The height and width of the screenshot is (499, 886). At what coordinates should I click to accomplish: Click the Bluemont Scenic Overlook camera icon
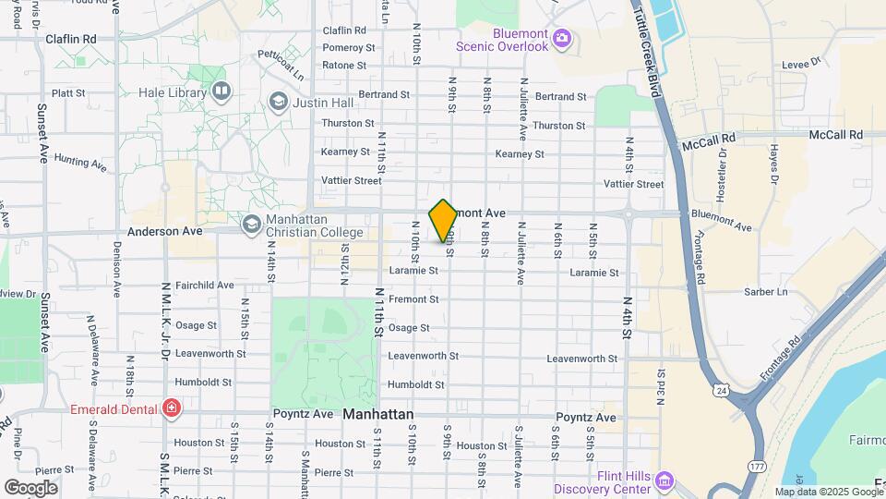pos(563,40)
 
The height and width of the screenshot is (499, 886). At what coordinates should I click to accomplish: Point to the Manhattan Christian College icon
pos(251,224)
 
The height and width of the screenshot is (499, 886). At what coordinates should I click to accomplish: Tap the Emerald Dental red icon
pos(171,408)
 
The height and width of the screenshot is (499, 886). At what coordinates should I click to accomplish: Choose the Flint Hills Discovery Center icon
pos(664,481)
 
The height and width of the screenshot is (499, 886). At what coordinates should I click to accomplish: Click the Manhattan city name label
pos(377,415)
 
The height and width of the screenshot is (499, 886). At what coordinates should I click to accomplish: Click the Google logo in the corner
pos(30,487)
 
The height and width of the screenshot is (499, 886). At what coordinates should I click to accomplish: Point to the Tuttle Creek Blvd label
pos(654,55)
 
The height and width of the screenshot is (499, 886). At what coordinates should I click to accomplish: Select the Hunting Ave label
pos(81,163)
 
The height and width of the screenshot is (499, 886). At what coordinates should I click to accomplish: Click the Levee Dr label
pos(801,64)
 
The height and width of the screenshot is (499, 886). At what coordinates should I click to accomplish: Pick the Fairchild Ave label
pos(204,286)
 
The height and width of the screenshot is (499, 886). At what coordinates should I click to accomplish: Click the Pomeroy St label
pos(349,47)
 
